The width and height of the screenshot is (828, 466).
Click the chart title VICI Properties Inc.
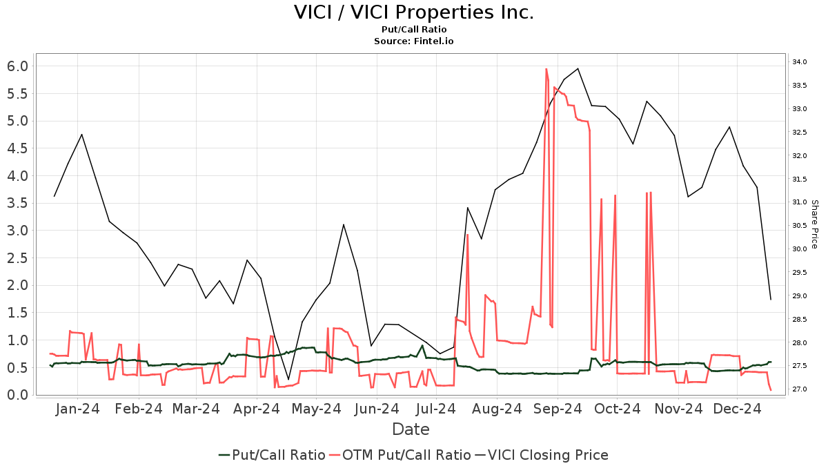click(x=414, y=13)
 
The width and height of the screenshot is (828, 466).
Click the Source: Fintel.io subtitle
click(x=414, y=41)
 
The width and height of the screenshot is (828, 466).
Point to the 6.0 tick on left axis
click(x=17, y=66)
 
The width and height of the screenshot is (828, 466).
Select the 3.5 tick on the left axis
click(x=17, y=203)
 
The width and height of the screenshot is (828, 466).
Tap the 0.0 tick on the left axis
click(x=17, y=395)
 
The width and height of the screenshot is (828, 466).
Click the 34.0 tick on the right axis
click(x=800, y=62)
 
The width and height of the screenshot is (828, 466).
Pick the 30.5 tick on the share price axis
click(x=800, y=226)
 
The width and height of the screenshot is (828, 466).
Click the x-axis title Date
click(x=411, y=429)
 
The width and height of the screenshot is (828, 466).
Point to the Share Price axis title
click(x=814, y=224)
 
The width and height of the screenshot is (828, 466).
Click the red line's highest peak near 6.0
click(x=546, y=69)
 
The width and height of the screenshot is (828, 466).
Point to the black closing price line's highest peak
click(x=578, y=68)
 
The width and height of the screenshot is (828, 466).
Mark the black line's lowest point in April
click(x=288, y=379)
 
